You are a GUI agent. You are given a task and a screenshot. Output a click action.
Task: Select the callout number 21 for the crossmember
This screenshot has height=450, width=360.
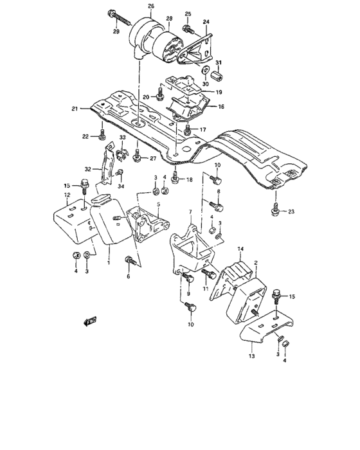[x=75, y=109]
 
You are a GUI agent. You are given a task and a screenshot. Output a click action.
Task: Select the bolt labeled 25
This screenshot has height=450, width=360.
[x=188, y=28]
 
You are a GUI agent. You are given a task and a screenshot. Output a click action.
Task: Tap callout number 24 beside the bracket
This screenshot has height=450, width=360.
[x=206, y=22]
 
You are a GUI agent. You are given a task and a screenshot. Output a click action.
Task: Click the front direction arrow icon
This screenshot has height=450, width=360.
[x=89, y=319]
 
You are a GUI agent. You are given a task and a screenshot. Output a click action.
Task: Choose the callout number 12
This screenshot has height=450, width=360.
[x=67, y=194]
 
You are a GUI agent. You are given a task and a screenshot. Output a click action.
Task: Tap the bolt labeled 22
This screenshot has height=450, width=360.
[x=103, y=135]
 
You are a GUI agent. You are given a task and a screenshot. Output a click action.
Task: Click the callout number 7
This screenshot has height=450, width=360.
[x=190, y=212]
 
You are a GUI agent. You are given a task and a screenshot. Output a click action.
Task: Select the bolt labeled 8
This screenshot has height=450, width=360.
[x=217, y=205]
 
